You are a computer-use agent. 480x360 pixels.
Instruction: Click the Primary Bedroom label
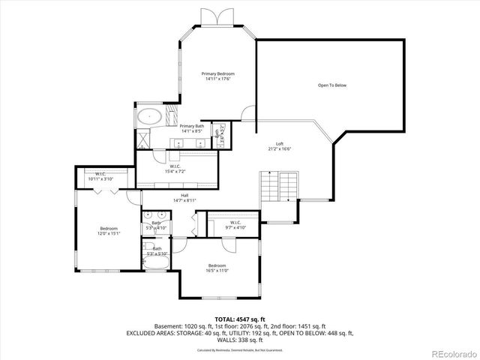[x=218, y=74]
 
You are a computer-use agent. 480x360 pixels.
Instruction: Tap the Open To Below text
[x=331, y=85]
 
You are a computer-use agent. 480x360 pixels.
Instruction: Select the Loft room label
[x=279, y=143]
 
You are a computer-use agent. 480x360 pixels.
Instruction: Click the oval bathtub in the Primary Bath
[x=150, y=116]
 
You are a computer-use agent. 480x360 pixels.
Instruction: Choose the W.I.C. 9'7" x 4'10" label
[x=235, y=223]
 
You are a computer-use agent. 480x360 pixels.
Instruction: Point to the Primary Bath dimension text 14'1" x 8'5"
[x=192, y=130]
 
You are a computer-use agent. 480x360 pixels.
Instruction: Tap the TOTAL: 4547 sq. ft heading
[x=239, y=319]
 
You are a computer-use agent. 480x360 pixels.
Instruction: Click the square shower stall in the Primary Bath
[x=172, y=115]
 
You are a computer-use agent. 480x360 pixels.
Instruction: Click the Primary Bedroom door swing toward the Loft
[x=247, y=112]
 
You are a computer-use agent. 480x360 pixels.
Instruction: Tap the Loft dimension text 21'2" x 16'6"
[x=279, y=148]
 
